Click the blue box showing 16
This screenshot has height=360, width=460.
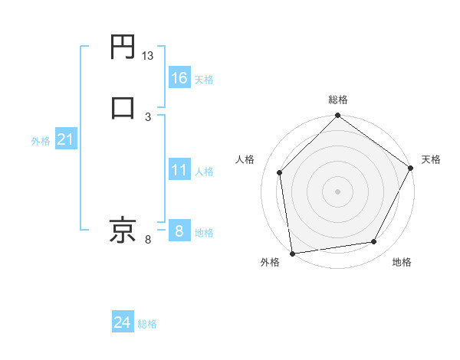coord(179,77)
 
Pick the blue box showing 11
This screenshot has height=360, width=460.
coord(179,170)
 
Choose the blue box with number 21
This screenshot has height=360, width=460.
coord(66,140)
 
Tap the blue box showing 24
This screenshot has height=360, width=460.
coord(123,323)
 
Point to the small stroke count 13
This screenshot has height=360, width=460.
coord(148,56)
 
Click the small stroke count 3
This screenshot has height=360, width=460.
coord(148,116)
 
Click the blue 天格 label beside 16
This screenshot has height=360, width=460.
coord(204,79)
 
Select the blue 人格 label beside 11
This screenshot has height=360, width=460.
coord(204,172)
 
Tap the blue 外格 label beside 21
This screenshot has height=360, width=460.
coord(41,141)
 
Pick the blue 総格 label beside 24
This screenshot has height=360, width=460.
coord(147,324)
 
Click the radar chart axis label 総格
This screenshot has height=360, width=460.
coord(338,100)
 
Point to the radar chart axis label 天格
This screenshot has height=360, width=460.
coord(431,159)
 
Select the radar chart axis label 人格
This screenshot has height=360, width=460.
coord(245,159)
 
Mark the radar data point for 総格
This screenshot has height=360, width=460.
coord(338,116)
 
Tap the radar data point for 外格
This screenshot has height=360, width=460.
coord(292,253)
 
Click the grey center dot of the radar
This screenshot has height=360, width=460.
coord(338,191)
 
